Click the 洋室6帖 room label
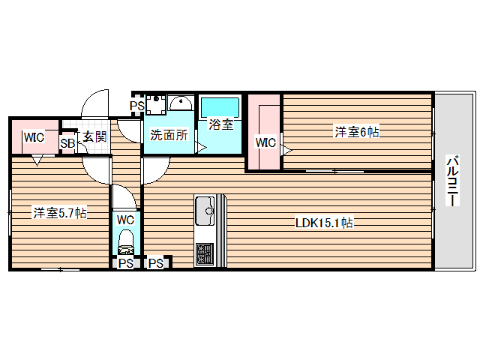click(357, 132)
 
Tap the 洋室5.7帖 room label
click(60, 213)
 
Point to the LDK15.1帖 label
click(324, 223)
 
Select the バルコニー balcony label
click(452, 181)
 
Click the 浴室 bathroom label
click(221, 124)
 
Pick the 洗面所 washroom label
click(169, 135)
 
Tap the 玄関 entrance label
click(95, 136)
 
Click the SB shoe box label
click(67, 143)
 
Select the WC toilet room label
click(125, 220)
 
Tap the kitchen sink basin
click(205, 211)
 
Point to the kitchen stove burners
click(205, 253)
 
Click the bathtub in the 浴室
click(220, 107)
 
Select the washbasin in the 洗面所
click(181, 103)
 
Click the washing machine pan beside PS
click(156, 104)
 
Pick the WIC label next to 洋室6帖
click(265, 142)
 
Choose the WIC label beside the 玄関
click(34, 137)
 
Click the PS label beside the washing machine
click(136, 106)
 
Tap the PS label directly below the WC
click(126, 263)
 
